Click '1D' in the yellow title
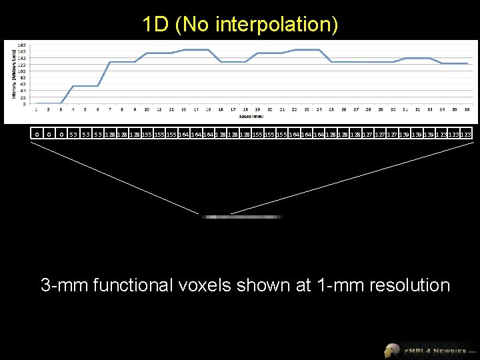coord(155,25)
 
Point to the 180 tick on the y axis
coord(22,45)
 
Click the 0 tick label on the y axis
coord(24,103)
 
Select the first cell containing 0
coord(37,134)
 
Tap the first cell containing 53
coord(74,134)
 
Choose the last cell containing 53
coord(98,134)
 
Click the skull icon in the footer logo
coord(392,350)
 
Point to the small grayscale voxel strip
coord(243,217)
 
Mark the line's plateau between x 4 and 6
coord(85,86)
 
